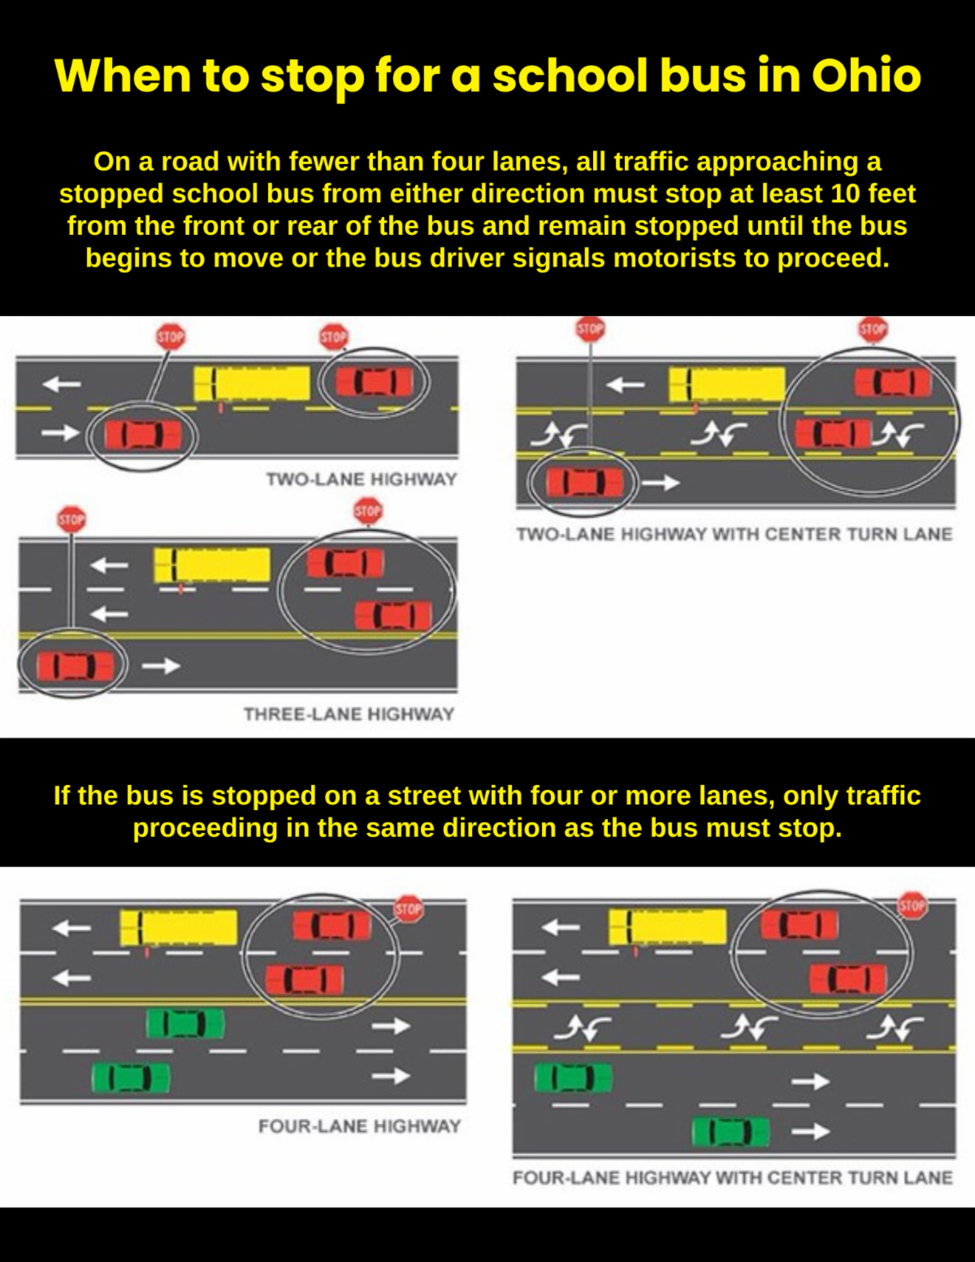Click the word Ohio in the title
tap(866, 76)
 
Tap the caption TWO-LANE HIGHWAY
tap(362, 479)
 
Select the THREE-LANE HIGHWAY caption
tap(349, 713)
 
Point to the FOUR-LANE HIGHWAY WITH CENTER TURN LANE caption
tap(733, 1177)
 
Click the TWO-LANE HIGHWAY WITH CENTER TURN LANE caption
tap(734, 534)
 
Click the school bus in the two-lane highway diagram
tap(251, 384)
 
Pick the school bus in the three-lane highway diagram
tap(212, 565)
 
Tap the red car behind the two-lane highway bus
tap(375, 382)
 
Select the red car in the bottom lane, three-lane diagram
tap(75, 666)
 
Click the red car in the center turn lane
tap(834, 433)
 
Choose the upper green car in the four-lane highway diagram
tap(185, 1024)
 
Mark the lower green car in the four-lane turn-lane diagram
tap(731, 1132)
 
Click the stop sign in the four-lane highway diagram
tap(409, 909)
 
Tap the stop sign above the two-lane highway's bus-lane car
tap(334, 337)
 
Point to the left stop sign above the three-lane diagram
tap(71, 519)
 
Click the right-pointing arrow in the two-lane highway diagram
tap(60, 432)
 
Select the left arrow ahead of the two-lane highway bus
tap(61, 384)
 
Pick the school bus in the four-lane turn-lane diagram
tap(667, 927)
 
